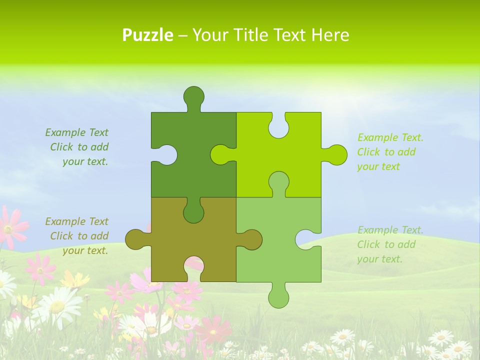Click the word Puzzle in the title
click(x=147, y=35)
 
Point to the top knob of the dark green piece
click(x=193, y=96)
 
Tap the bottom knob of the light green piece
click(x=278, y=297)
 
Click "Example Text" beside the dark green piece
click(x=76, y=132)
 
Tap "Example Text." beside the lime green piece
click(x=390, y=137)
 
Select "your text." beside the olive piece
click(x=85, y=250)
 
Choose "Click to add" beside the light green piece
click(x=386, y=244)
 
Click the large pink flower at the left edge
click(x=11, y=227)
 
